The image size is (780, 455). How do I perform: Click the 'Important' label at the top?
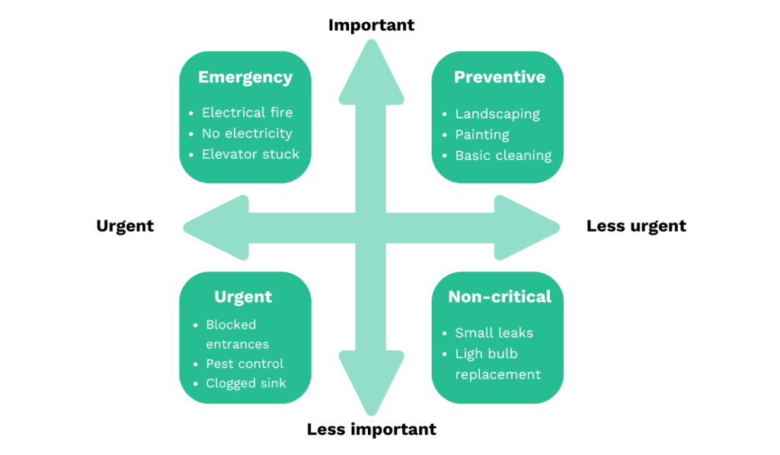click(371, 25)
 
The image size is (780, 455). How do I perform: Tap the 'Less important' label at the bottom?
click(371, 429)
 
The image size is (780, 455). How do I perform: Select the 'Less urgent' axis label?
click(635, 226)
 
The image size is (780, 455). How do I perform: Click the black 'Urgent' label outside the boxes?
click(125, 226)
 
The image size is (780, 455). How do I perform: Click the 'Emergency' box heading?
click(245, 77)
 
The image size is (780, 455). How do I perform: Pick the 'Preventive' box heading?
click(499, 77)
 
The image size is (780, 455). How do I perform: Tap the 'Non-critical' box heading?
click(499, 296)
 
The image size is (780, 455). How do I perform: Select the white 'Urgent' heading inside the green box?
click(243, 296)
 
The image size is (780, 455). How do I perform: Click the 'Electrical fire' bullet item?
click(247, 113)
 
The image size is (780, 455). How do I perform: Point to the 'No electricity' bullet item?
click(247, 133)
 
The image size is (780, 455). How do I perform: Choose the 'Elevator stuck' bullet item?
click(250, 154)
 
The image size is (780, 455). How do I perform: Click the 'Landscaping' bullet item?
click(497, 114)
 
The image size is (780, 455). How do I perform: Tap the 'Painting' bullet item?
click(481, 135)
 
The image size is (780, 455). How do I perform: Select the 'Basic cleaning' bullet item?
click(503, 155)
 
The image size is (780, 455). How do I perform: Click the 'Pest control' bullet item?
click(245, 364)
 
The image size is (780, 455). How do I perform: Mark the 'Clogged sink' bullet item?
click(246, 383)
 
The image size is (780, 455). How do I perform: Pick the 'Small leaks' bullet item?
click(494, 333)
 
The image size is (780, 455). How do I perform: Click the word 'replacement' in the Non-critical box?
click(497, 374)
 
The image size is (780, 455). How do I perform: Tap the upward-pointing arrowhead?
click(371, 72)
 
